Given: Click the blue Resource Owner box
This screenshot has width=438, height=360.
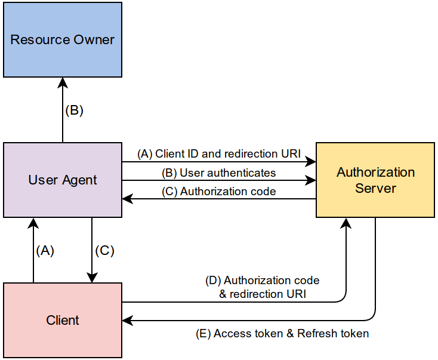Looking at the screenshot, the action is [63, 39].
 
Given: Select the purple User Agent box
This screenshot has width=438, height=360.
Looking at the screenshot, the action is [63, 180].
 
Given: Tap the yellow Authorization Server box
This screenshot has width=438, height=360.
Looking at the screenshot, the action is [375, 180].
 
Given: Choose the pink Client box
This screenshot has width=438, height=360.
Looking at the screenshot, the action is [63, 321].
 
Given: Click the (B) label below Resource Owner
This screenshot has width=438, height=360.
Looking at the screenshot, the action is [75, 110].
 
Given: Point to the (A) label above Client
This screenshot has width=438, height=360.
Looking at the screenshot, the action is [45, 251].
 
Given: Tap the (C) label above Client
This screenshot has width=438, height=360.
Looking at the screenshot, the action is [105, 251].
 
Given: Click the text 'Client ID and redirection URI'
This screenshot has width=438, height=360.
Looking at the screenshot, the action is [228, 153].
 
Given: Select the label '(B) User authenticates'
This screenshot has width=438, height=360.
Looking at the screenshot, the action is [219, 173].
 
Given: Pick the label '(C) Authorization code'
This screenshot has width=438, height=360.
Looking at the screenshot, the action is [219, 192].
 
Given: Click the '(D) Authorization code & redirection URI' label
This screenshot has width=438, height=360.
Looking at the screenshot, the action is [263, 287].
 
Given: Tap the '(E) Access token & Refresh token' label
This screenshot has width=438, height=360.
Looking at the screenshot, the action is [282, 334].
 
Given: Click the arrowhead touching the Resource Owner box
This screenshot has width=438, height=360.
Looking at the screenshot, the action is [63, 82].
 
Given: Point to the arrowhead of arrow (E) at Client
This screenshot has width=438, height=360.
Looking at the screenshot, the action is [127, 321].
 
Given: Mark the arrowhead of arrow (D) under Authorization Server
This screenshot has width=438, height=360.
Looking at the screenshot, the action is [346, 223].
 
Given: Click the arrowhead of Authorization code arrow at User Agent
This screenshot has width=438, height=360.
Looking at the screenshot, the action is [127, 199].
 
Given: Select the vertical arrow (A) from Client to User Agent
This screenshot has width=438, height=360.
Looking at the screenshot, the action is [33, 250].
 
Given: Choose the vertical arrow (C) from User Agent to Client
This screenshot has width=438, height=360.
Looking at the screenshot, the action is [92, 250].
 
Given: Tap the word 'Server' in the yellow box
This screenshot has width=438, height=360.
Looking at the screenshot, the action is [375, 188].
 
